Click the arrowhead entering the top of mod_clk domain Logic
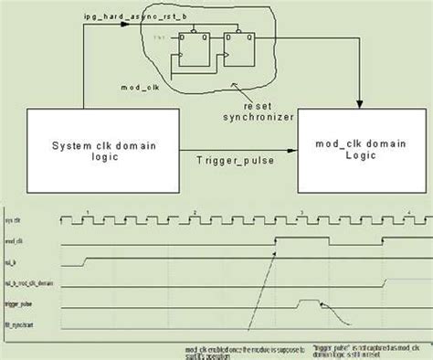[360, 103]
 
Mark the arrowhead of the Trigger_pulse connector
[293, 146]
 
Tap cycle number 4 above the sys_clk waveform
[408, 211]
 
